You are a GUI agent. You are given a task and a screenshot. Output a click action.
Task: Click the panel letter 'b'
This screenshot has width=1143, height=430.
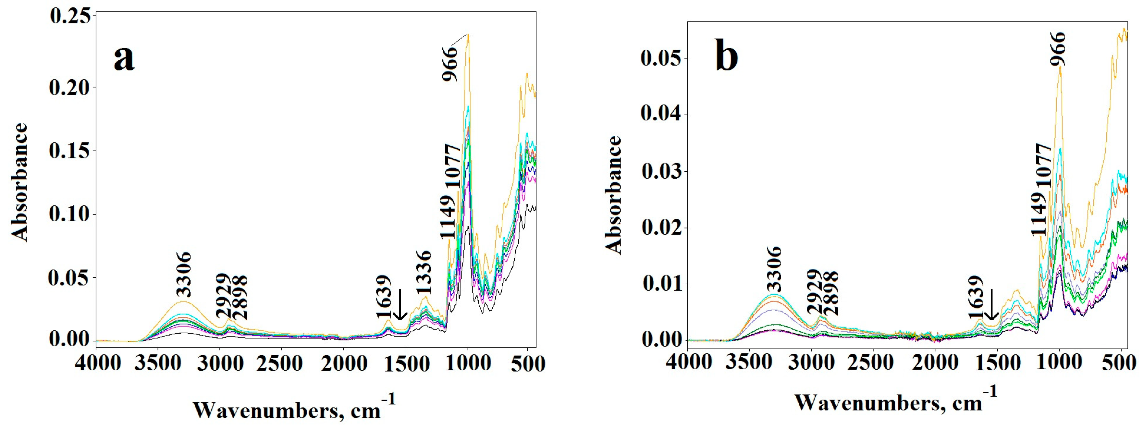coord(727,58)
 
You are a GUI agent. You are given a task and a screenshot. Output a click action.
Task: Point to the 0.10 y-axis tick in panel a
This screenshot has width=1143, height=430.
coord(70,214)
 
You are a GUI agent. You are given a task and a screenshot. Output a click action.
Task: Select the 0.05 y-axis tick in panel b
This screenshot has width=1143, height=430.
coord(661,58)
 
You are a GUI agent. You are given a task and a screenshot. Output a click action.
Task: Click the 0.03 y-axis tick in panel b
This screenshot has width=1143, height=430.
coord(661,172)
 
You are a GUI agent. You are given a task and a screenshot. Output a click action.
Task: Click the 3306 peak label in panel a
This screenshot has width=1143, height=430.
coord(184,274)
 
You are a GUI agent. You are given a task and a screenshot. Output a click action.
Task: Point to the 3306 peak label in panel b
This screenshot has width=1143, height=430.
coord(774,269)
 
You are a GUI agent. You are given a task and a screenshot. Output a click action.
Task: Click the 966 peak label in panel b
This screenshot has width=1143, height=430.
coord(1058,49)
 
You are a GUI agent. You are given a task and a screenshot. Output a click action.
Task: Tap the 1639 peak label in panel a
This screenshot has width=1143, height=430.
coord(384,296)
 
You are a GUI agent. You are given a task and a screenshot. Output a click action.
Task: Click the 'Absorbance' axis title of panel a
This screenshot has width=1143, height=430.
coord(20,182)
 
